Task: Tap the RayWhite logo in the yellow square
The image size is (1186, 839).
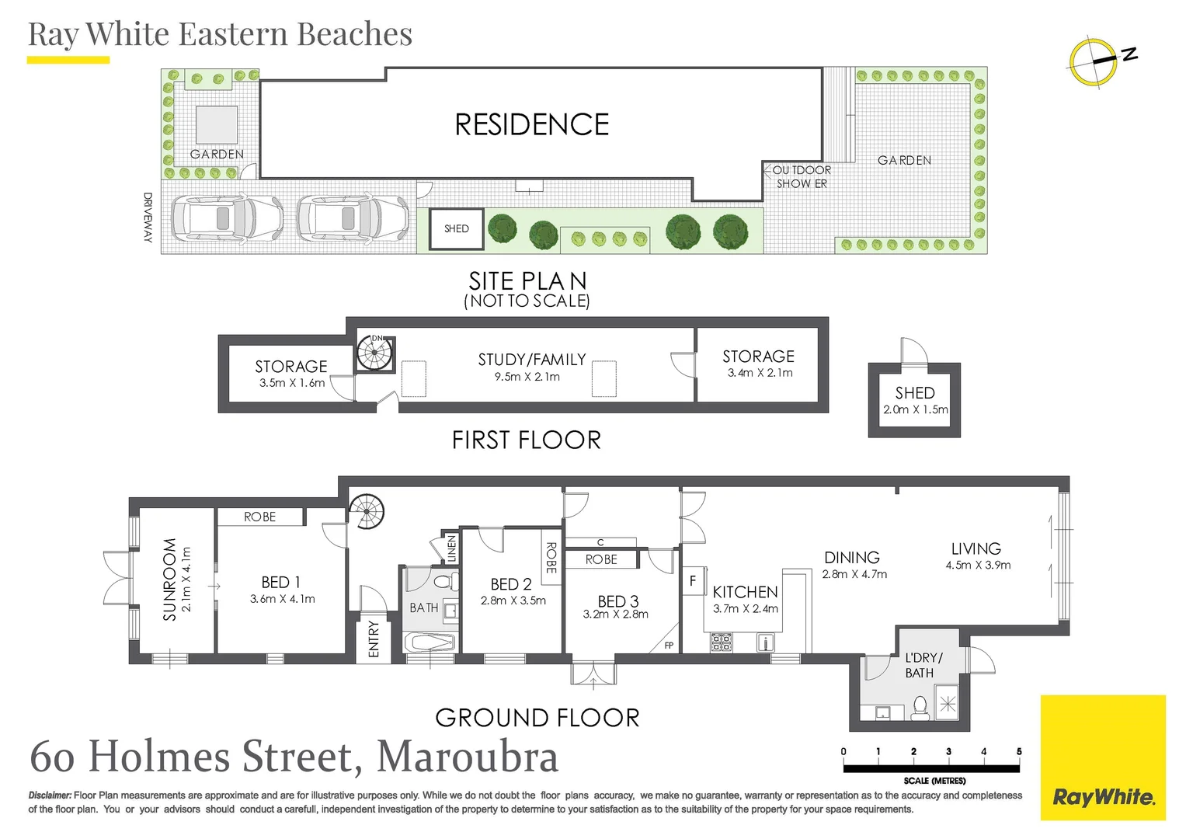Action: [x=1103, y=796]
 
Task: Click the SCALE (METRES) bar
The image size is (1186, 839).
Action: [x=931, y=768]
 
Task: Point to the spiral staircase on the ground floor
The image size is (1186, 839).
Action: [x=367, y=513]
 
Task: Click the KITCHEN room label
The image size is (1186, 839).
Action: [x=744, y=592]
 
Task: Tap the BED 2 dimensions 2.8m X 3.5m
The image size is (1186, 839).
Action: [x=513, y=601]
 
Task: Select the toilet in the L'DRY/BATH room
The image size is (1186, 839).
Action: [x=920, y=708]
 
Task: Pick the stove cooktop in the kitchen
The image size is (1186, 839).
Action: [x=722, y=642]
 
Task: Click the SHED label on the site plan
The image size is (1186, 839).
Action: [x=457, y=228]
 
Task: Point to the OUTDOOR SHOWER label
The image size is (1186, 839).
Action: [x=802, y=176]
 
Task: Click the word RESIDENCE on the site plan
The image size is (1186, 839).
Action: [x=532, y=124]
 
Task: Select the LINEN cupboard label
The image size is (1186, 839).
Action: [x=451, y=548]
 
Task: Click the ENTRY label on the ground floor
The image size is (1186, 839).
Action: [x=374, y=639]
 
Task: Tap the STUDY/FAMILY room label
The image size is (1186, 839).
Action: [x=531, y=359]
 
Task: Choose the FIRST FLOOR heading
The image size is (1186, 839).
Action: [x=526, y=440]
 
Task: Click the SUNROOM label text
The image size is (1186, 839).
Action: [x=169, y=579]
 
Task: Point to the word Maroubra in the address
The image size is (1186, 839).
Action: [x=468, y=757]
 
